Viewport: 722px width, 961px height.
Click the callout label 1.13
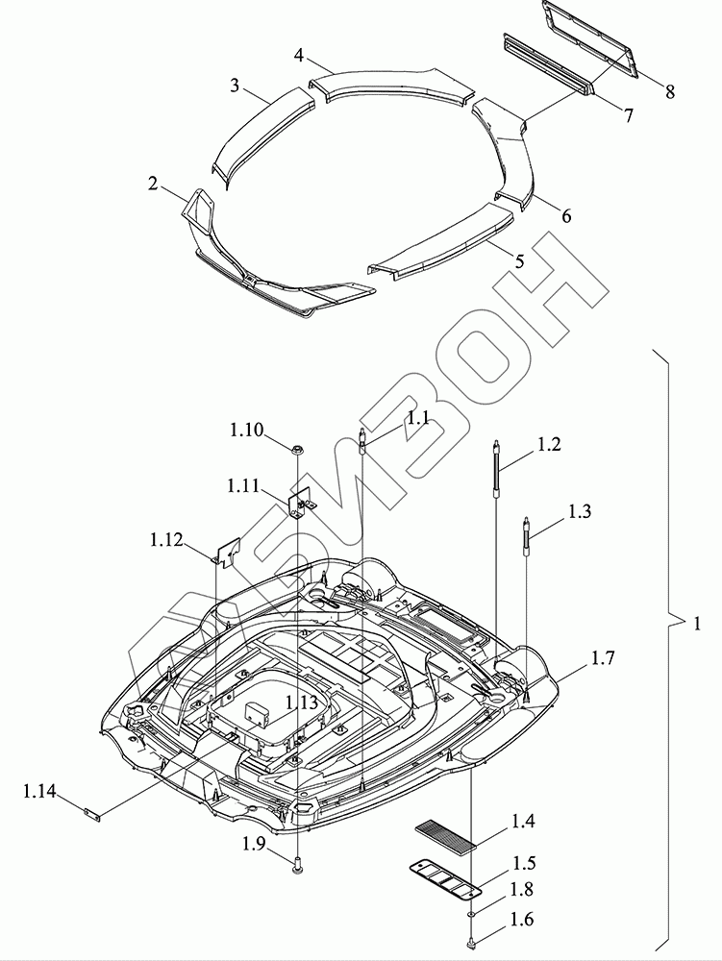click(301, 702)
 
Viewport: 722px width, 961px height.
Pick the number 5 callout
click(519, 260)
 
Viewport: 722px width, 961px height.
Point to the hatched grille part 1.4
click(446, 833)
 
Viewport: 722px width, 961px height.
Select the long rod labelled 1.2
click(495, 468)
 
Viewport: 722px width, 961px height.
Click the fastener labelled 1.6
click(471, 946)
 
